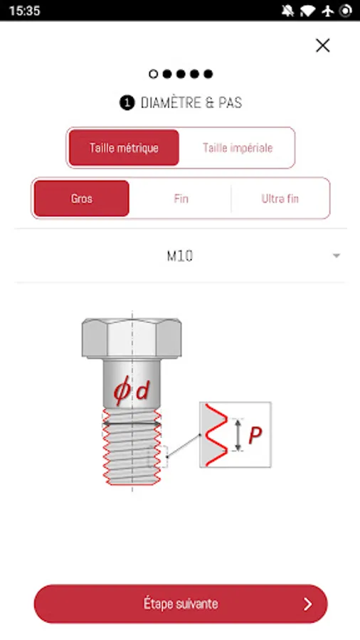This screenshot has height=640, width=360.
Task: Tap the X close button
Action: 322,46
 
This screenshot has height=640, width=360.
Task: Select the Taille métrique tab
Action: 124,148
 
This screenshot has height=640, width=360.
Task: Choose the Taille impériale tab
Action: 238,148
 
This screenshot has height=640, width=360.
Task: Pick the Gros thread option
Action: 82,199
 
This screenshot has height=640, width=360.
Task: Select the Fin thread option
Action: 181,199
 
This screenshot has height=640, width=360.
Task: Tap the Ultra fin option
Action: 280,199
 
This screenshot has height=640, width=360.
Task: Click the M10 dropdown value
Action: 180,256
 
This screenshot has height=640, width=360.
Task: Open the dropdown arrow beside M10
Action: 337,256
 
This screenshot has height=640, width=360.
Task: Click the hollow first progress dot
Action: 153,74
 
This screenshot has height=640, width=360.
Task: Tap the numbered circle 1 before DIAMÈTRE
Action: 127,103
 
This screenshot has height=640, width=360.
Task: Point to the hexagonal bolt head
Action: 132,338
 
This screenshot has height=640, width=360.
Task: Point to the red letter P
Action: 255,435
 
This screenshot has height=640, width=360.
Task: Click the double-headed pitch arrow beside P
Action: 238,434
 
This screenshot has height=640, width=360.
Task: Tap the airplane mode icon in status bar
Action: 328,11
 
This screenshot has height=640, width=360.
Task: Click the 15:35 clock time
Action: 24,11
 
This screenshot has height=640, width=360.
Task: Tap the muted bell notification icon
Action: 287,11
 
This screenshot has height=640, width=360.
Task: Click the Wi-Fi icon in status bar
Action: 308,11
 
